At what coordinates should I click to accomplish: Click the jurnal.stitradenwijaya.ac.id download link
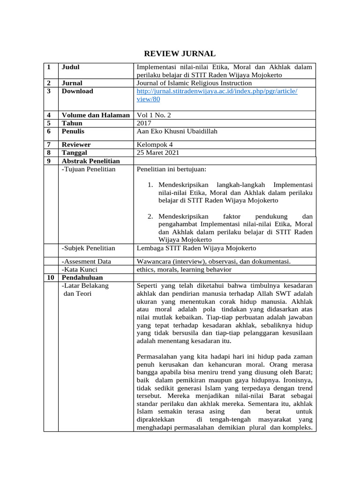click(217, 95)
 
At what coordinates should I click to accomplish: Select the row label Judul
click(71, 67)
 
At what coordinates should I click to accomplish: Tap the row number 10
click(50, 277)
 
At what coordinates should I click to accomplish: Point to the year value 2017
click(144, 123)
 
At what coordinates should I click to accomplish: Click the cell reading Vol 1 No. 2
click(152, 115)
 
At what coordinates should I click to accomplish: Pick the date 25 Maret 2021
click(157, 153)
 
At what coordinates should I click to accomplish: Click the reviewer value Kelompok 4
click(154, 145)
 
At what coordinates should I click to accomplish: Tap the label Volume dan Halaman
click(96, 115)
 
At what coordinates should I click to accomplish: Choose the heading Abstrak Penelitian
click(90, 161)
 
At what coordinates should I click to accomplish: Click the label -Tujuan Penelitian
click(88, 169)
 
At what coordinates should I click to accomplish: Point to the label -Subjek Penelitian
click(88, 248)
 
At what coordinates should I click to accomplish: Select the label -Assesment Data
click(86, 262)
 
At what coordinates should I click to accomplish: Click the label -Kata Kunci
click(79, 270)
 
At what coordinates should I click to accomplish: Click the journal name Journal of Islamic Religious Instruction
click(194, 83)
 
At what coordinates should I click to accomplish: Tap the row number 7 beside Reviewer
click(49, 145)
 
